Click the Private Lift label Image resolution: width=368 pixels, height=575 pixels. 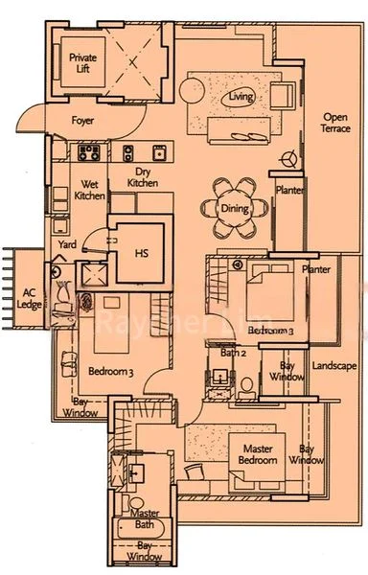click(x=82, y=64)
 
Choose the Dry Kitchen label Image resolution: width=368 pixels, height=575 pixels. click(x=142, y=177)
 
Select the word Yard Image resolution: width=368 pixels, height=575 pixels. click(x=67, y=245)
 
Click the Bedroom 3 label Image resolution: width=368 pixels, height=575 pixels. click(x=109, y=370)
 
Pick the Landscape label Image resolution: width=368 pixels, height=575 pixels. click(x=334, y=366)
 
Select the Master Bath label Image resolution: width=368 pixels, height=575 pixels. click(x=144, y=519)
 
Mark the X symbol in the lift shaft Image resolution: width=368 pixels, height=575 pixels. click(x=133, y=62)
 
